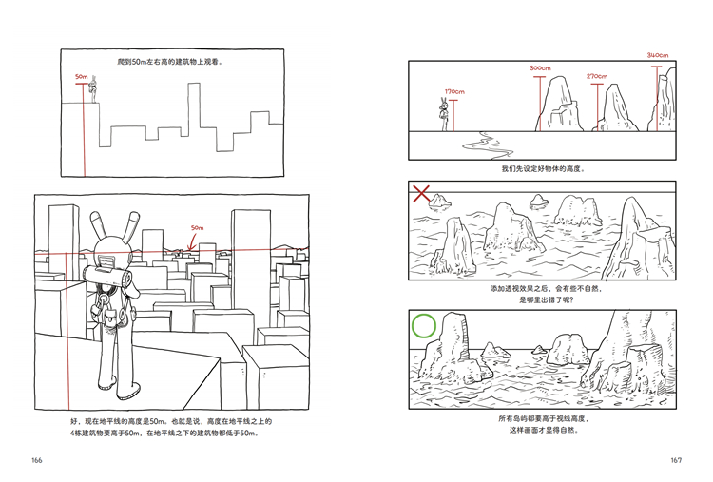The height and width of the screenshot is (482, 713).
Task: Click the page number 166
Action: click(37, 460)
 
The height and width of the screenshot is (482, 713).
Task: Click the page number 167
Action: click(676, 460)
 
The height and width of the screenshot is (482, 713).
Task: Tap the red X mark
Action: click(421, 193)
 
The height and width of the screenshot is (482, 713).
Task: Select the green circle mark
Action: click(424, 325)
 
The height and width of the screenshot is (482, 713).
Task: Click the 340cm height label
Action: click(658, 55)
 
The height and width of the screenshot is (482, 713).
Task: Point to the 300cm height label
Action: click(540, 68)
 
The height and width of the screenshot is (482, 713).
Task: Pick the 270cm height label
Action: click(597, 76)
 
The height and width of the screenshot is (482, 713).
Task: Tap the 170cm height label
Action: click(454, 92)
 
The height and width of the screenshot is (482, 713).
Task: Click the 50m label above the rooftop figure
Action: click(82, 77)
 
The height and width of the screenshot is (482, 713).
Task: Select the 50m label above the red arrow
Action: click(198, 228)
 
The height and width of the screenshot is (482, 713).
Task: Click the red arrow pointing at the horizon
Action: click(193, 241)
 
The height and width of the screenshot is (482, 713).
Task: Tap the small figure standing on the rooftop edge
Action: click(94, 89)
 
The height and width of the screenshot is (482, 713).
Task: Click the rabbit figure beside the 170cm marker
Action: click(443, 114)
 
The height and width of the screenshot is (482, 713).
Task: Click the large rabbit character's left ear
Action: click(97, 225)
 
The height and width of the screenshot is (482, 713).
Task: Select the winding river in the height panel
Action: click(486, 145)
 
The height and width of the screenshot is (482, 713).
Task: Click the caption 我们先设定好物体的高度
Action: click(543, 168)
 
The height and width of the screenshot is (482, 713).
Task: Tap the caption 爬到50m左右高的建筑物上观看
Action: click(170, 62)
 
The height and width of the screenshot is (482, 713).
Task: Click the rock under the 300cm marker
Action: click(559, 105)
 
